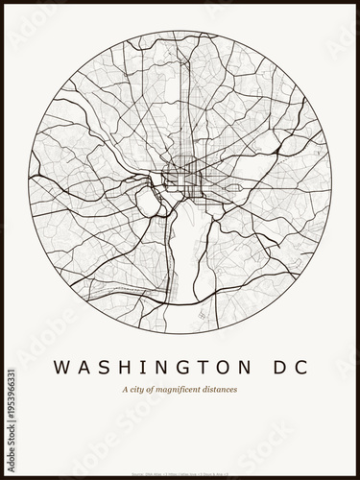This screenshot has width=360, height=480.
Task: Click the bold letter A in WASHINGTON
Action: (x=78, y=367)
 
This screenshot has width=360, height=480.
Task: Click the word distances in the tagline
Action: (x=222, y=389)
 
